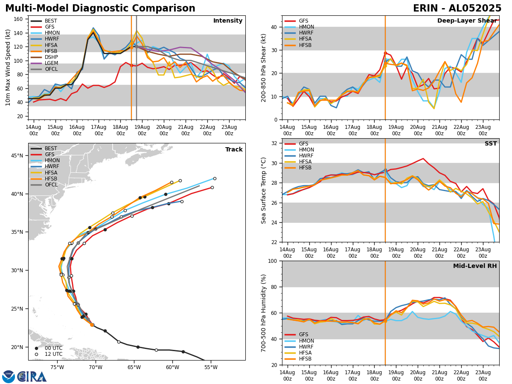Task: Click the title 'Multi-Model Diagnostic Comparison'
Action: tap(100, 9)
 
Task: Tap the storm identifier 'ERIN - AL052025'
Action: tap(457, 9)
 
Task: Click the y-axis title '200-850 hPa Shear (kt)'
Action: tap(264, 67)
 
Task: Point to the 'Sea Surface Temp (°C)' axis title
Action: tap(264, 190)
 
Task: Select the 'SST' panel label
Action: tap(490, 144)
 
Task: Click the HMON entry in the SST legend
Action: tap(306, 150)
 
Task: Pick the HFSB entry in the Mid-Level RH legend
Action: tap(305, 359)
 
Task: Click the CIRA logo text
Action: tap(32, 377)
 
